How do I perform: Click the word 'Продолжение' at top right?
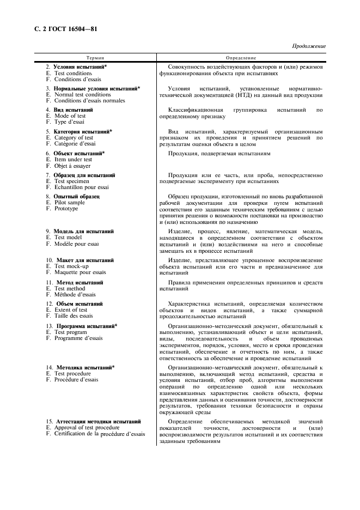309,46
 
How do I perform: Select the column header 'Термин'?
95,57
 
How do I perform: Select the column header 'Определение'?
241,57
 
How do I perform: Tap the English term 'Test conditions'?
73,73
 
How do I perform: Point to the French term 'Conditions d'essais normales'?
89,101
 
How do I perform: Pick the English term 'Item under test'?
73,160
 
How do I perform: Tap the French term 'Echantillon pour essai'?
81,187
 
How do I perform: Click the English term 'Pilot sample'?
70,202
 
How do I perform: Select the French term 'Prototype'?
66,209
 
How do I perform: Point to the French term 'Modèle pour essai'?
77,244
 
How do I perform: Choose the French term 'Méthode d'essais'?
75,295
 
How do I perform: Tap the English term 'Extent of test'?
71,309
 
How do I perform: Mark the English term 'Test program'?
71,332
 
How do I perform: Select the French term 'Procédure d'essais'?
76,380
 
